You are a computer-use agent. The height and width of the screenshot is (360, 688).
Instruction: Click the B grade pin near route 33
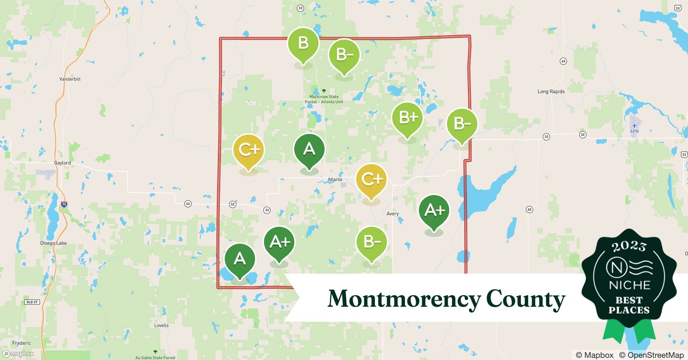[x=303, y=44]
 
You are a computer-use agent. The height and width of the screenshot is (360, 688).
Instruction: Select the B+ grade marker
[x=407, y=118]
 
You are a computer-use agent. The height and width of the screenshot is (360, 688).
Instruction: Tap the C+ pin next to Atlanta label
[x=371, y=179]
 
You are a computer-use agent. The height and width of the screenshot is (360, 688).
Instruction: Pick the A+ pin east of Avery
[x=434, y=210]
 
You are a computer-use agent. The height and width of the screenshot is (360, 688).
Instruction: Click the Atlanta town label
[x=335, y=179]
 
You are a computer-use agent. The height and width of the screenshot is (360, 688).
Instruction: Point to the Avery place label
[x=392, y=213]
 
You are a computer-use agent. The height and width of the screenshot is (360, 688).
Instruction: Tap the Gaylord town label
[x=62, y=163]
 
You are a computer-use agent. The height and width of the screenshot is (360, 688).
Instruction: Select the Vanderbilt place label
[x=70, y=79]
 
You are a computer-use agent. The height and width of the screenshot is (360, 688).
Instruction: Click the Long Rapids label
[x=551, y=91]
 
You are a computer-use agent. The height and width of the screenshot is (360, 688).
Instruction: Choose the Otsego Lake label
[x=53, y=243]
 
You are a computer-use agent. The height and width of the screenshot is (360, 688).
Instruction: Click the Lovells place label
[x=161, y=325]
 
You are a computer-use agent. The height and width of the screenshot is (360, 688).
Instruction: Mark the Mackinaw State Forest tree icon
[x=324, y=91]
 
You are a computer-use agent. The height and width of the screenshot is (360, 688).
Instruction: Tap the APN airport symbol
[x=634, y=126]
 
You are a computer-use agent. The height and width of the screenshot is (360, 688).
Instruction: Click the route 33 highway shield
[x=300, y=8]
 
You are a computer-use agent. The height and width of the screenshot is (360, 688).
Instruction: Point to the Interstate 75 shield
[x=64, y=204]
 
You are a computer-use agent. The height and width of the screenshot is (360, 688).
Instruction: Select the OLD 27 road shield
[x=32, y=302]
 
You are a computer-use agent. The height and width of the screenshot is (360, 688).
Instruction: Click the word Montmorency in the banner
[x=403, y=298]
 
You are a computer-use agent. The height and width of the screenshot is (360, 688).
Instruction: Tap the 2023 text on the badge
[x=629, y=246]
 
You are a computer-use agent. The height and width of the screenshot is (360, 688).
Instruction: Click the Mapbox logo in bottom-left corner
[x=18, y=354]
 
